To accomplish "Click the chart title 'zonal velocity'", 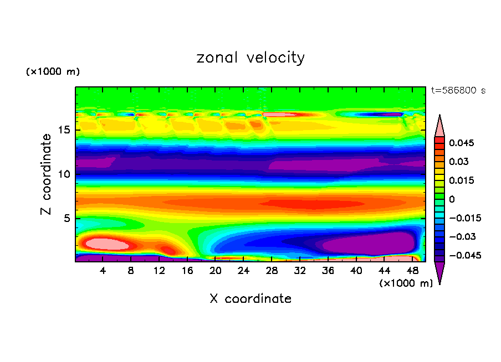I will (250, 58).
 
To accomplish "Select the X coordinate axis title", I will (250, 299).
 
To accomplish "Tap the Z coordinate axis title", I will (47, 174).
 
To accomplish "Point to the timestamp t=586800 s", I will (458, 91).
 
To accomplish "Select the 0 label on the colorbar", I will (452, 199).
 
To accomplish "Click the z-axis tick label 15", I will (65, 131).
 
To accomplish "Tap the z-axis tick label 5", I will (67, 219).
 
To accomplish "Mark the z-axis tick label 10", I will (65, 174).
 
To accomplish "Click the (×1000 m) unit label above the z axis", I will (53, 72).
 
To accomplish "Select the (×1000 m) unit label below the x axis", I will (406, 283).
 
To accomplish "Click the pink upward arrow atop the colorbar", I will (439, 125).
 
